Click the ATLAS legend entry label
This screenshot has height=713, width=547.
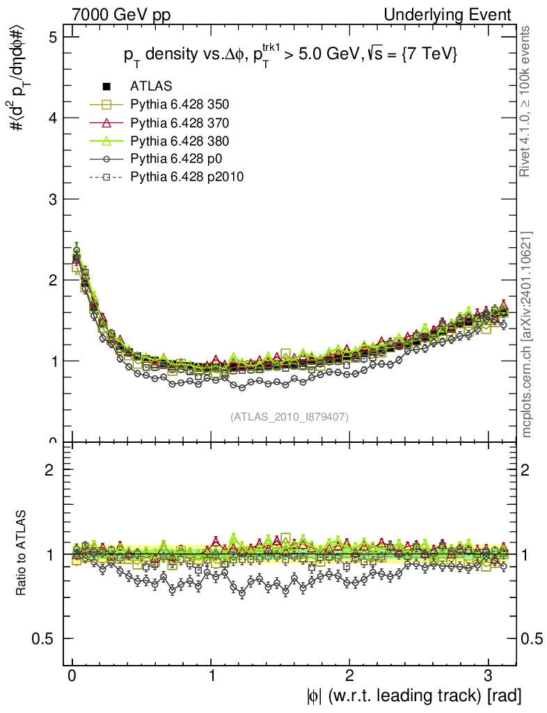pos(151,86)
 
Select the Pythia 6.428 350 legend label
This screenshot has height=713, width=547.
pos(180,104)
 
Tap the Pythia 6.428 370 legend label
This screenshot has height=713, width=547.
pos(180,123)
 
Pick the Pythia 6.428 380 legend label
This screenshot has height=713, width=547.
pos(180,141)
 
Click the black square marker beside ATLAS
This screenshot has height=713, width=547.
pos(106,86)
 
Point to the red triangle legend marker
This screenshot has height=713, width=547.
pos(106,123)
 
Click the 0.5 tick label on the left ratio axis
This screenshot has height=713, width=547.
pos(44,639)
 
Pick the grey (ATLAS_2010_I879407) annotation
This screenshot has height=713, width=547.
pos(290,416)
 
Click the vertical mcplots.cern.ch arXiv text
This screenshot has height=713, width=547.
pos(527,334)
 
